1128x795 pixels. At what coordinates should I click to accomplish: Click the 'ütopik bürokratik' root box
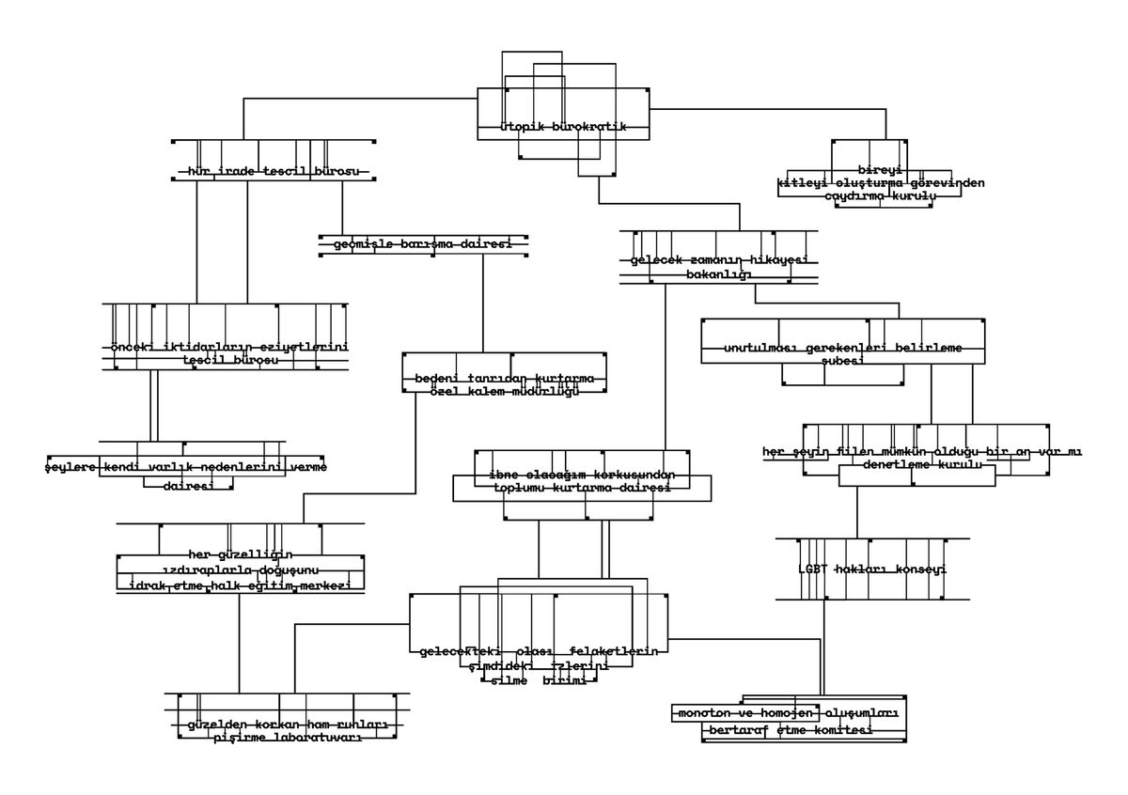tap(562, 126)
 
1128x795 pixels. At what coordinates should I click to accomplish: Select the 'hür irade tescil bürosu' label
tap(274, 172)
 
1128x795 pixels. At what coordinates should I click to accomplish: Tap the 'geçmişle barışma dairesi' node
tap(422, 244)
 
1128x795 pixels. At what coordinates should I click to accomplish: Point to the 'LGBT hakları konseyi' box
tap(871, 569)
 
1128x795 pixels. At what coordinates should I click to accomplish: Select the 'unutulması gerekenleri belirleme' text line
tap(843, 349)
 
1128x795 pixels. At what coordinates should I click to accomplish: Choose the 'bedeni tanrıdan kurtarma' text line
tap(505, 379)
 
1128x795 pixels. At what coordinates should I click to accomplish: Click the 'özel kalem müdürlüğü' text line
tap(505, 392)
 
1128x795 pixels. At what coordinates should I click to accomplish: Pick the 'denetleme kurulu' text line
tap(922, 465)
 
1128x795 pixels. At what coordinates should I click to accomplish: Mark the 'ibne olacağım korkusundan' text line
tap(583, 475)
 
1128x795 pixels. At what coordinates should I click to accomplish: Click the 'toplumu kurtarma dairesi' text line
tap(583, 489)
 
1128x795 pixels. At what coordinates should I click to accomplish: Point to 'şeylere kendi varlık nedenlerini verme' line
tap(186, 466)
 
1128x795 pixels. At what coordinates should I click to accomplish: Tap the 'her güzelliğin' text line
tap(241, 553)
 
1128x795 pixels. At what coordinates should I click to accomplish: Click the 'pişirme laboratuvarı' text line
tap(288, 738)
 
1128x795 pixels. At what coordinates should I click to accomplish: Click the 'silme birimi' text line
tap(540, 680)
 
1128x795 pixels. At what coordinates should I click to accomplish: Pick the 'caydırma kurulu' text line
tap(881, 196)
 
